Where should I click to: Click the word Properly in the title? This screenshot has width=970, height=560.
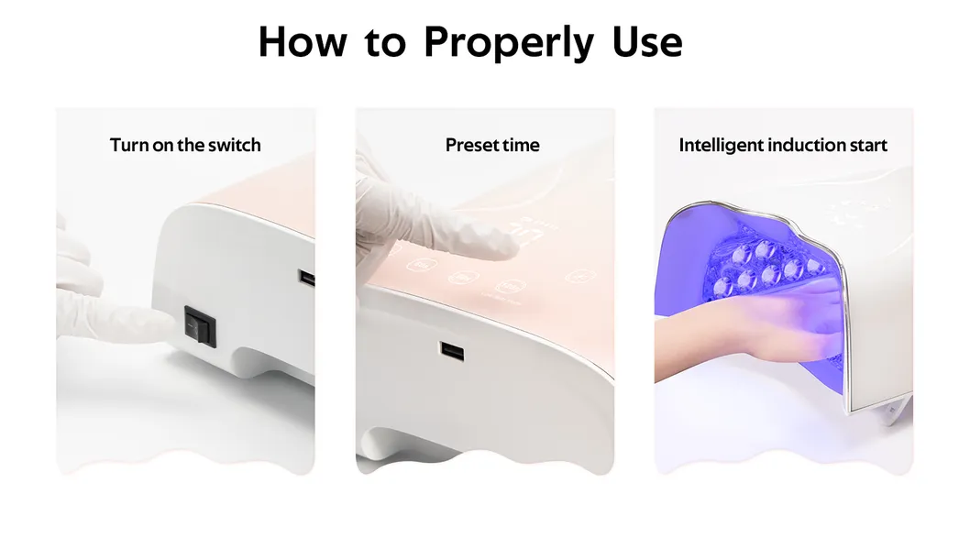(x=509, y=44)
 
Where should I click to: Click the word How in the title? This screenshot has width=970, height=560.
(x=303, y=42)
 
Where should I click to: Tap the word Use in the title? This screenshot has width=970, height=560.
(x=647, y=42)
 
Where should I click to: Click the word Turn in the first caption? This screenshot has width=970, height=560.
(x=129, y=145)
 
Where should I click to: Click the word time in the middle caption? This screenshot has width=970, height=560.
(x=521, y=145)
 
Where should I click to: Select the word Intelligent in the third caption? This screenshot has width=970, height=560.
(x=721, y=145)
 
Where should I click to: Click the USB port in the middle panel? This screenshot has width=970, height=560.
(x=452, y=352)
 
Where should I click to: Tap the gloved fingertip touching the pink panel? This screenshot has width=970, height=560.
(x=504, y=246)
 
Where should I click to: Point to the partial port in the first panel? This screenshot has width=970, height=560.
(x=307, y=278)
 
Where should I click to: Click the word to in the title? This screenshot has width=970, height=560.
(x=385, y=43)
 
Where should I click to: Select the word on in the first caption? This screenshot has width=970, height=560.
(x=162, y=146)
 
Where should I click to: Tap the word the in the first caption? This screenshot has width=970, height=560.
(x=191, y=145)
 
